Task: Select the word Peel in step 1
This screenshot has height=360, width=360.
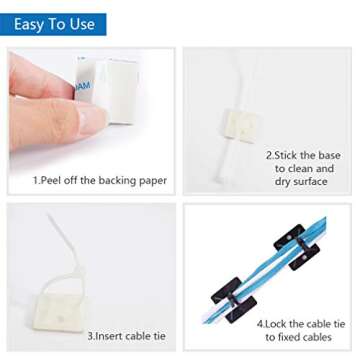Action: point(59,180)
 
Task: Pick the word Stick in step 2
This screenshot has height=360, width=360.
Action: point(292,156)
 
